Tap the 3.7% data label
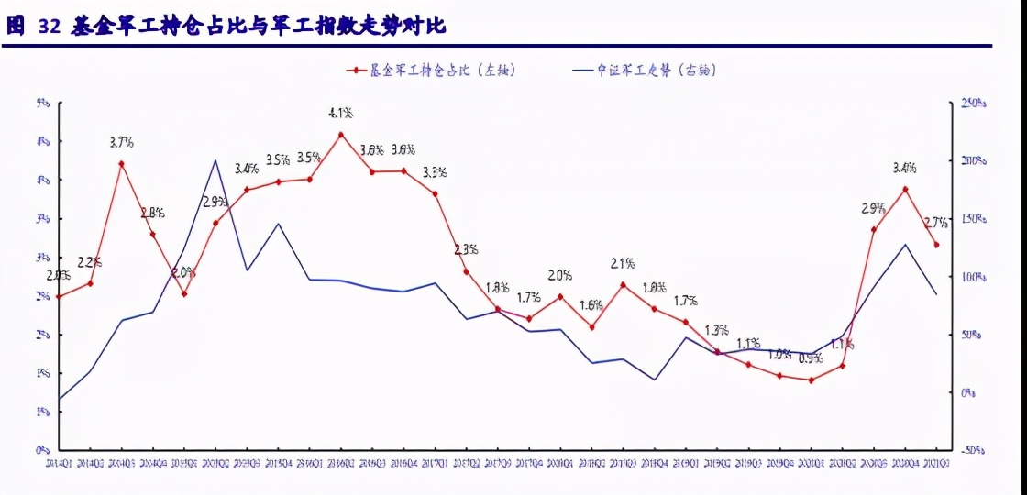pyautogui.click(x=121, y=142)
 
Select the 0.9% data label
pyautogui.click(x=811, y=358)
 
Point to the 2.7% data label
pyautogui.click(x=936, y=223)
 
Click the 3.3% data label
pyautogui.click(x=435, y=171)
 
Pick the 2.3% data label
pyautogui.click(x=466, y=249)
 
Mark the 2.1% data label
pyautogui.click(x=623, y=264)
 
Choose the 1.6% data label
pyautogui.click(x=591, y=305)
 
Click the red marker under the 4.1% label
pyautogui.click(x=341, y=135)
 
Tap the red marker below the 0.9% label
pyautogui.click(x=812, y=379)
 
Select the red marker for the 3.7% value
pyautogui.click(x=121, y=164)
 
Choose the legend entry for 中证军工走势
pyautogui.click(x=642, y=71)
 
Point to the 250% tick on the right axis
pyautogui.click(x=973, y=104)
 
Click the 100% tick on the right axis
pyautogui.click(x=973, y=277)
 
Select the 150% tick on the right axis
pyautogui.click(x=973, y=219)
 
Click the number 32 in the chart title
pyautogui.click(x=49, y=27)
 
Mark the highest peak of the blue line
pyautogui.click(x=215, y=160)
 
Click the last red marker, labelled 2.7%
pyautogui.click(x=936, y=245)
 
